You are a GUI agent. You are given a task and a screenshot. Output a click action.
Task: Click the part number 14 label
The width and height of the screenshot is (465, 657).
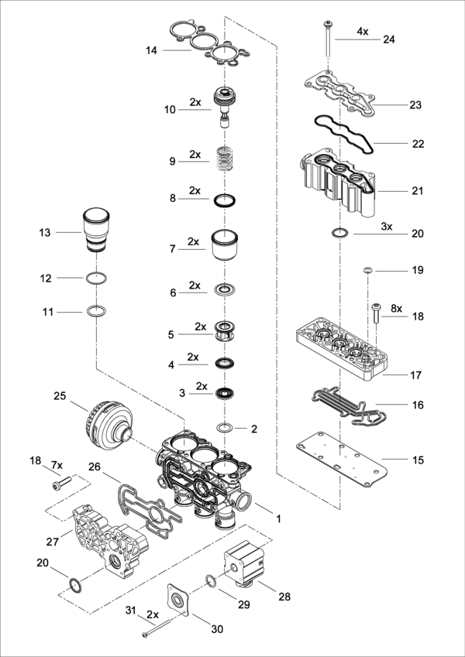[x=151, y=51]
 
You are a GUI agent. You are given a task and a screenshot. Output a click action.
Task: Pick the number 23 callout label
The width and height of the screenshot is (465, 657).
[x=415, y=104]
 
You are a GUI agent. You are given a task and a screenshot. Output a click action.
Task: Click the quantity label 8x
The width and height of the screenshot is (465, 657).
[x=396, y=308]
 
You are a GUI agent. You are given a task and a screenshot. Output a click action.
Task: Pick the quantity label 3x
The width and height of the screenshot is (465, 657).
[x=387, y=226]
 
